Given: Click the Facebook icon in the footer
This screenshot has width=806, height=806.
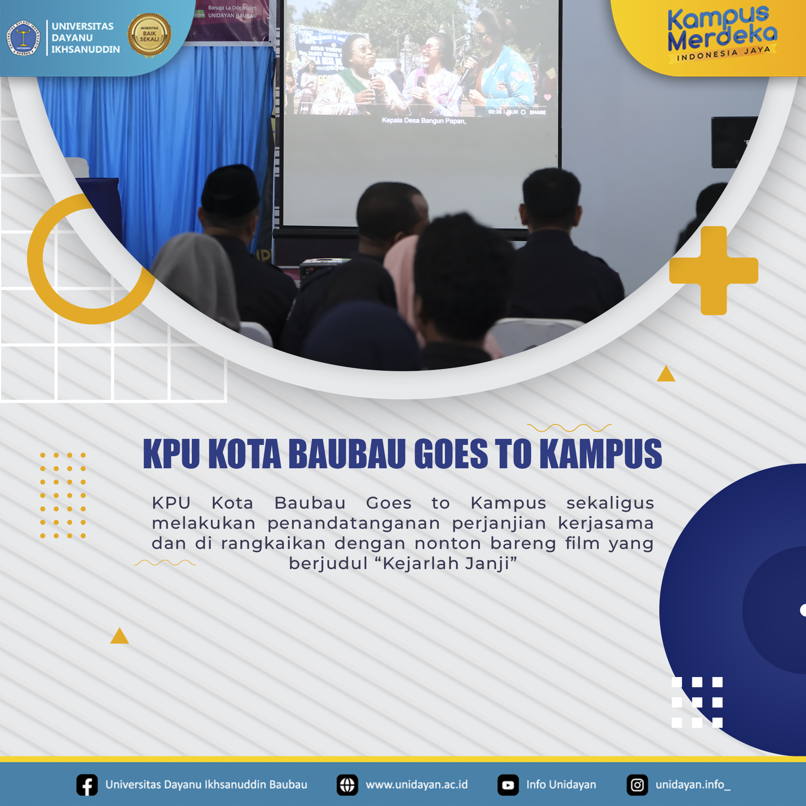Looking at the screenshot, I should [87, 785].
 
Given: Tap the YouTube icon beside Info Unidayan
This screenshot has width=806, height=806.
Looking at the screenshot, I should [508, 785].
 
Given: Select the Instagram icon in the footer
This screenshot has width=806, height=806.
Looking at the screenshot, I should [637, 785].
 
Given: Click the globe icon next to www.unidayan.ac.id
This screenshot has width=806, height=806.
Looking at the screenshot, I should [347, 785].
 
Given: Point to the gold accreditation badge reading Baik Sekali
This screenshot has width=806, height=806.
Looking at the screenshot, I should [149, 35].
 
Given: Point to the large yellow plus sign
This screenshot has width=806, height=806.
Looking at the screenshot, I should [714, 270].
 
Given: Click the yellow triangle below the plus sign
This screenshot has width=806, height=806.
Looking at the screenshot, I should [666, 374].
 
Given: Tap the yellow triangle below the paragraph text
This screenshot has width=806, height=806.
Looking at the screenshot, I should [119, 636].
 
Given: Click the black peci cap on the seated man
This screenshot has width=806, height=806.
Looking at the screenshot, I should [230, 190].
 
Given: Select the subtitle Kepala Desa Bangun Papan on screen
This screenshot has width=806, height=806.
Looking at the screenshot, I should [424, 120].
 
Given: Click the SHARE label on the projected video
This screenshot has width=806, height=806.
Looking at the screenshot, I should [537, 112].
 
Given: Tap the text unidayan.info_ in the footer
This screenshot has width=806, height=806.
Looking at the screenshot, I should [692, 785].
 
